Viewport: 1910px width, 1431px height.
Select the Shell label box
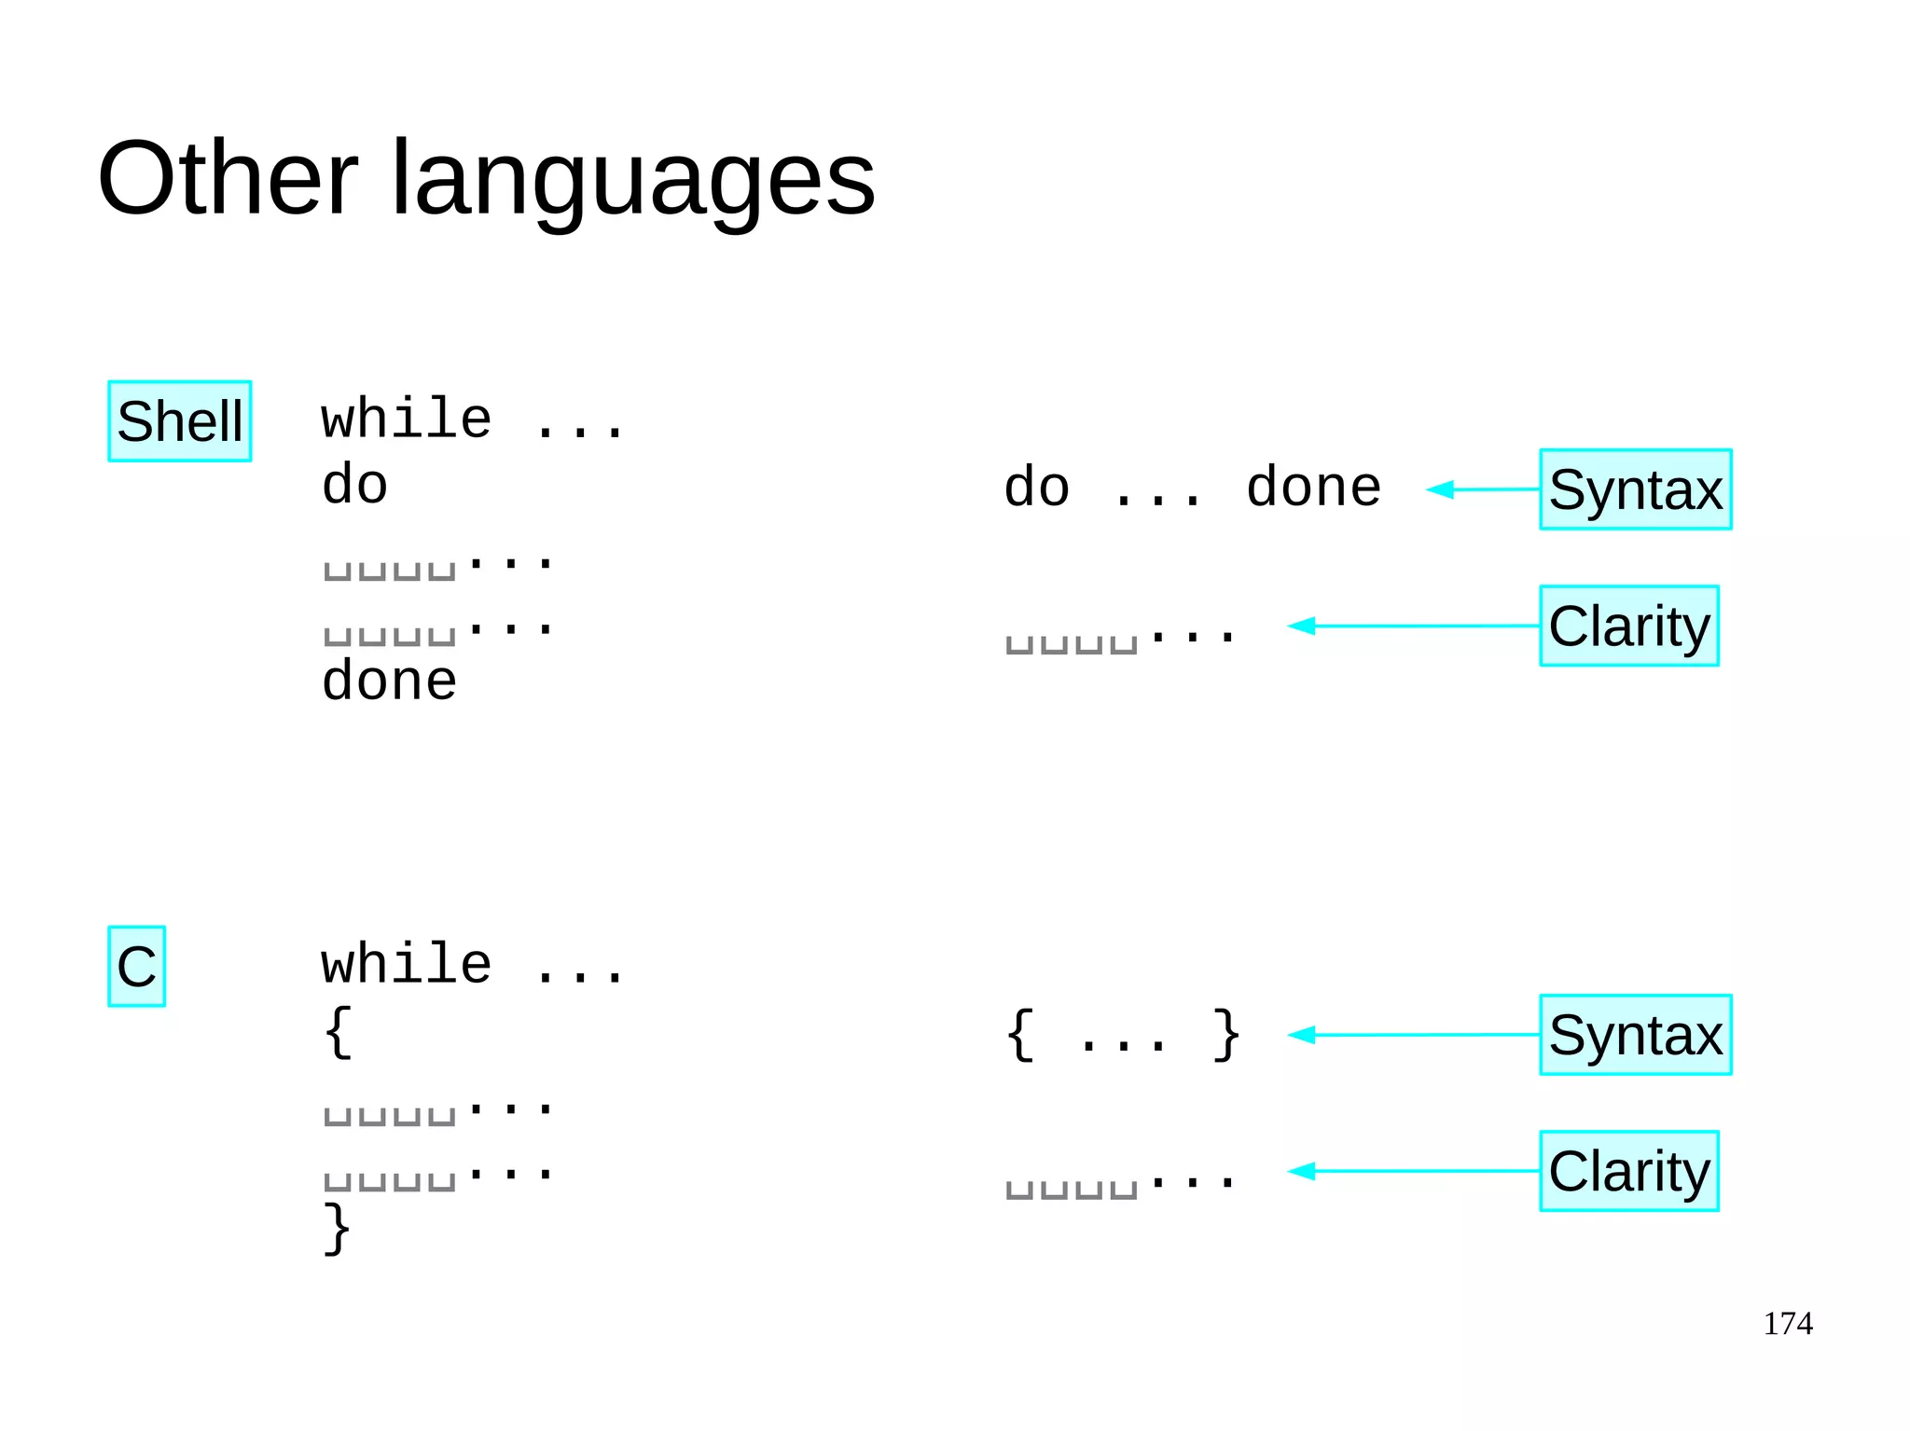(180, 421)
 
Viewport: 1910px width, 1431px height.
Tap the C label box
(136, 967)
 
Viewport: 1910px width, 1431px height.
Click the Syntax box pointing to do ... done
(1635, 489)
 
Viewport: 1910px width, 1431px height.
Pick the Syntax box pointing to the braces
(1635, 1035)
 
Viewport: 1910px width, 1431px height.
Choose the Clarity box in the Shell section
(1628, 626)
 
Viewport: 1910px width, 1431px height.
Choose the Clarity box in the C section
(1628, 1171)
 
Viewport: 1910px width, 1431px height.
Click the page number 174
(1787, 1324)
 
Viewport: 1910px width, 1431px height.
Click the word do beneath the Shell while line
(354, 485)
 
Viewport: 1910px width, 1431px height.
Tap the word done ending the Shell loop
(389, 681)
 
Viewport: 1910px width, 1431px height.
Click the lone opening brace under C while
(339, 1032)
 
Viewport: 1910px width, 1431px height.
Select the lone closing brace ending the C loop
(337, 1228)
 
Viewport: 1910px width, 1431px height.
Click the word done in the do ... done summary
(1313, 488)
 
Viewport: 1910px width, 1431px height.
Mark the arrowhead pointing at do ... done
(1441, 489)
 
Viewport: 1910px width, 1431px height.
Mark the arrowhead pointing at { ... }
(1302, 1035)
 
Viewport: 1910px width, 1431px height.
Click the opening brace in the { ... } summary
(1021, 1034)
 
